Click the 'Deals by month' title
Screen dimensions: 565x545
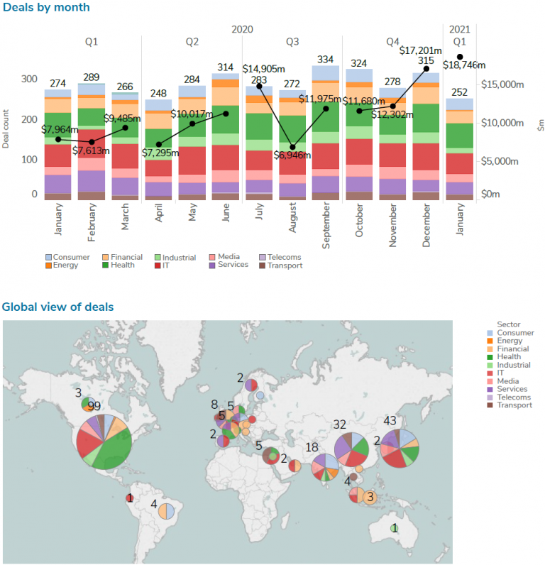click(x=45, y=8)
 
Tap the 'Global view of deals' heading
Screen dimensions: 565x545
click(x=57, y=307)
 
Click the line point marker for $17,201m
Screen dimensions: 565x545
click(x=426, y=68)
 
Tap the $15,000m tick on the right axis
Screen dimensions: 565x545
click(x=502, y=84)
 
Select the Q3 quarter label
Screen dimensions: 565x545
click(x=292, y=42)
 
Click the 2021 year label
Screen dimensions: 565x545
click(x=460, y=29)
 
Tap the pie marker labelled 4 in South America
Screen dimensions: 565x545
click(x=166, y=510)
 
